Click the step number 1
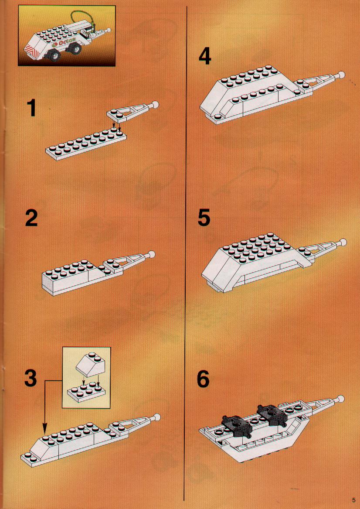[x=31, y=108]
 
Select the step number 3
[x=31, y=379]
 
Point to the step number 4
[x=205, y=56]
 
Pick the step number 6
[x=204, y=379]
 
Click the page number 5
[x=353, y=500]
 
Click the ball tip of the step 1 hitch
[x=155, y=105]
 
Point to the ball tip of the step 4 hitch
[x=341, y=75]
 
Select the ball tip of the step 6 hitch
[x=341, y=398]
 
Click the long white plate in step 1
[x=86, y=144]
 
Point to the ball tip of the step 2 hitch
[x=151, y=255]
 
